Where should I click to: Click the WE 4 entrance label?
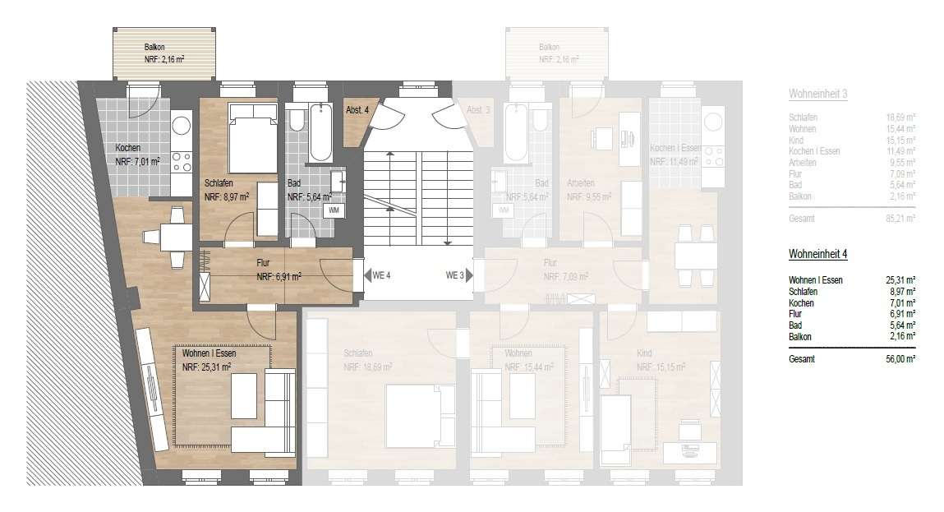380,275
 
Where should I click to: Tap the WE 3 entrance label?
455,275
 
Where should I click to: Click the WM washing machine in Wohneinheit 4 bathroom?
333,210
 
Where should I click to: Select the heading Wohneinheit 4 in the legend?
817,255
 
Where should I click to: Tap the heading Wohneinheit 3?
817,95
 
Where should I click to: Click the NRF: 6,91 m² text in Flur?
279,277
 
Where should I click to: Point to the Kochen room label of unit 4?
127,148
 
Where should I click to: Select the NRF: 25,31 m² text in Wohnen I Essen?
206,367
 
